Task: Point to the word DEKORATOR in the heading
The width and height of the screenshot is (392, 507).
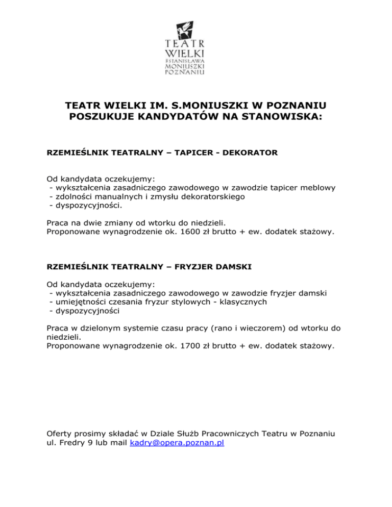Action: (x=252, y=153)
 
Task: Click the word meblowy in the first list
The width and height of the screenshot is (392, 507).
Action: (x=320, y=187)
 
